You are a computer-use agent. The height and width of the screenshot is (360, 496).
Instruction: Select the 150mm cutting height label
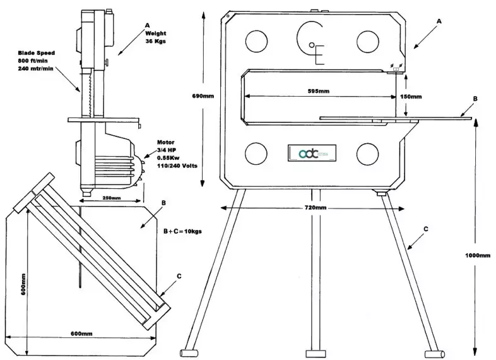[x=411, y=97]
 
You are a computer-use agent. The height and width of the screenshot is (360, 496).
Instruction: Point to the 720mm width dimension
[x=316, y=208]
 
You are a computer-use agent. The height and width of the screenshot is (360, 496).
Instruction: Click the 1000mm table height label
[x=476, y=255]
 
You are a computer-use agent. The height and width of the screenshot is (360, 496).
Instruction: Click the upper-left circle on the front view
[x=257, y=42]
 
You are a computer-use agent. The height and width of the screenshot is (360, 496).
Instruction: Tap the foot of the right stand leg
[x=433, y=351]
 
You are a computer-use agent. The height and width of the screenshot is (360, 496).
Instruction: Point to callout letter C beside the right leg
[x=428, y=229]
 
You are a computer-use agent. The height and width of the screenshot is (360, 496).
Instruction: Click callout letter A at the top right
[x=440, y=21]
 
